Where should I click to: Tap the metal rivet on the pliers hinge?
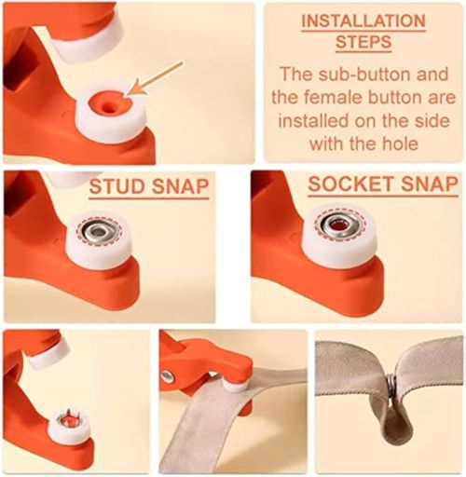tap(169, 376)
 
